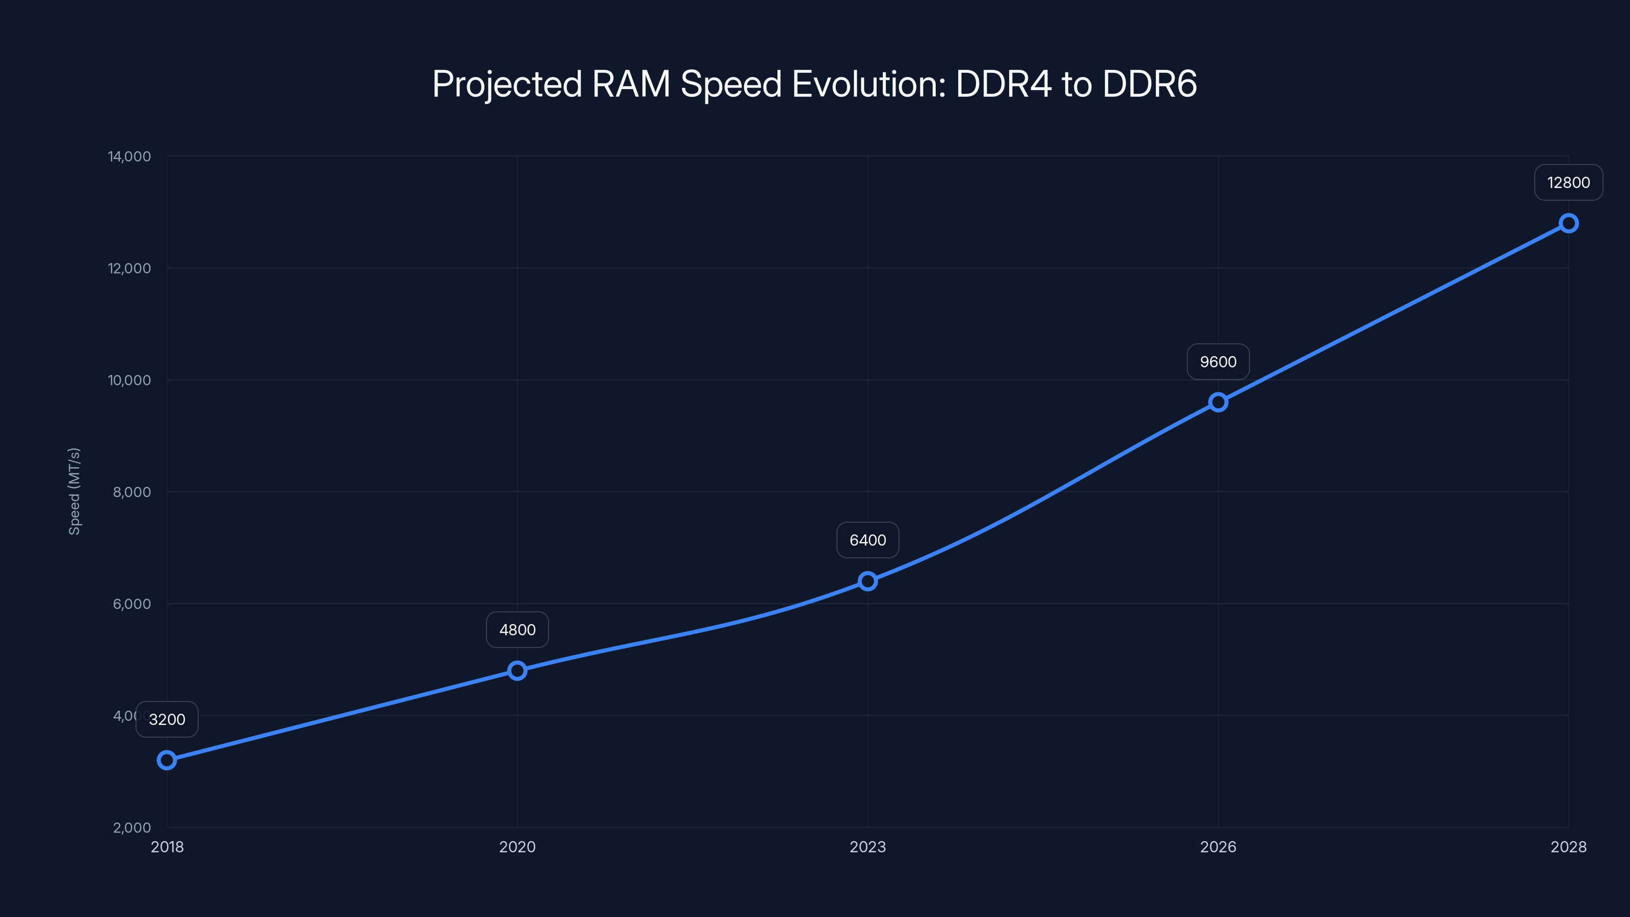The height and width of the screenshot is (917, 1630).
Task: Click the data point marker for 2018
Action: point(167,760)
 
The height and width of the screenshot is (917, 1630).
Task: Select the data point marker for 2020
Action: point(517,670)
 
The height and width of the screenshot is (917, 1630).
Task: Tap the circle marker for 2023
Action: point(867,581)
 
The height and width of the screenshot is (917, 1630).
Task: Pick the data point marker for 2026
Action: point(1218,402)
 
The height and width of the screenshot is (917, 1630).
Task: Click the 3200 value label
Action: point(167,719)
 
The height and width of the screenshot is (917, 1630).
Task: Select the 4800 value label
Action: point(517,630)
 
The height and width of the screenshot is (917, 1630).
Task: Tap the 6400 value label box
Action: point(867,540)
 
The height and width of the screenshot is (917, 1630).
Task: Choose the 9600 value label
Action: point(1218,362)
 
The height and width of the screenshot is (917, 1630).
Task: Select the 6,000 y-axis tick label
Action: point(131,604)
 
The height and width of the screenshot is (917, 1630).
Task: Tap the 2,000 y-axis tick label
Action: point(131,828)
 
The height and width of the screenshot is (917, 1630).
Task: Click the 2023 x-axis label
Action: point(867,847)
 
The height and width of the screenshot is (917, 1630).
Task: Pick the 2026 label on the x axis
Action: point(1218,847)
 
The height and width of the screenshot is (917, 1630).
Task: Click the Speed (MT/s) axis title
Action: point(74,491)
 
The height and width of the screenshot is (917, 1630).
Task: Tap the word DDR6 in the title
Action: point(1149,84)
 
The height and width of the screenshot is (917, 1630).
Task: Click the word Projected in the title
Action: point(506,85)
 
